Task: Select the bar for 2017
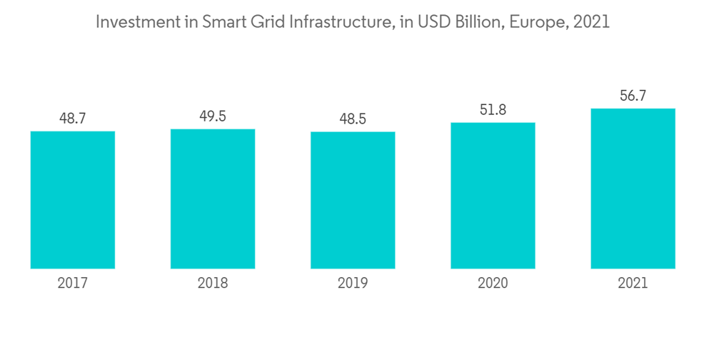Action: tap(73, 200)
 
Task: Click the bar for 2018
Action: tap(213, 199)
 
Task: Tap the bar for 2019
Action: tap(353, 200)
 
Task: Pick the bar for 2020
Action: tap(493, 196)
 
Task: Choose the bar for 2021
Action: tap(633, 189)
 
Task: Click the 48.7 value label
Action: tap(73, 119)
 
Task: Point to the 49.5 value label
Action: tap(213, 116)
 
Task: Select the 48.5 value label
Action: tap(353, 119)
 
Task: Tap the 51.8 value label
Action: tap(493, 110)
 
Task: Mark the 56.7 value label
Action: tap(633, 96)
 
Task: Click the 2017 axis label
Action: tap(73, 284)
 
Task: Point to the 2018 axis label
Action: tap(213, 284)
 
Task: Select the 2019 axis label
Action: tap(353, 284)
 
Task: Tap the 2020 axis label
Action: tap(493, 284)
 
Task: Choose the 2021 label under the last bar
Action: tap(633, 284)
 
